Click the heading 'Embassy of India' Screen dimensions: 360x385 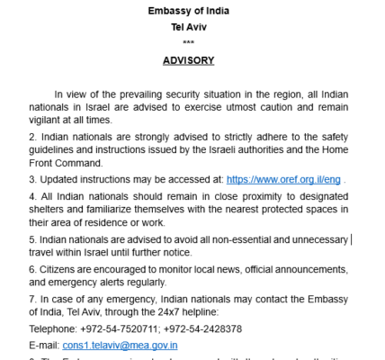[x=188, y=10]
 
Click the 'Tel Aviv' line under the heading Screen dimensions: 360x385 [x=188, y=26]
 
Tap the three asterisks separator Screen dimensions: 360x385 [x=188, y=42]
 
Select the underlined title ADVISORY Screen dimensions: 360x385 [x=188, y=60]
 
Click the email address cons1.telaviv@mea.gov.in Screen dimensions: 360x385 [x=120, y=344]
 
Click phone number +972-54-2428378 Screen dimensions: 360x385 [x=200, y=328]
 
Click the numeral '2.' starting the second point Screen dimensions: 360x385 [x=33, y=136]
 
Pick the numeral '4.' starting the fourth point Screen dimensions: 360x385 [x=33, y=194]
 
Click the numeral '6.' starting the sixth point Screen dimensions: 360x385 [x=33, y=268]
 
